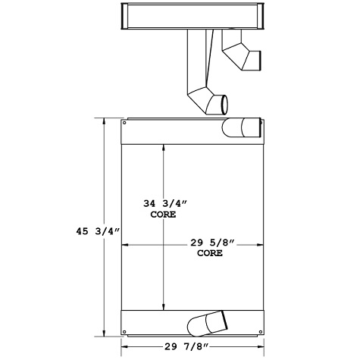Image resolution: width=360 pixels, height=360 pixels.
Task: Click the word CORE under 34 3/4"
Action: (162, 214)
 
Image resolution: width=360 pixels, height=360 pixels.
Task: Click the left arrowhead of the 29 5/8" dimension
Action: (126, 245)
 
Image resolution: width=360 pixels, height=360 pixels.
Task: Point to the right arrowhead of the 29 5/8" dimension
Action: (259, 245)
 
